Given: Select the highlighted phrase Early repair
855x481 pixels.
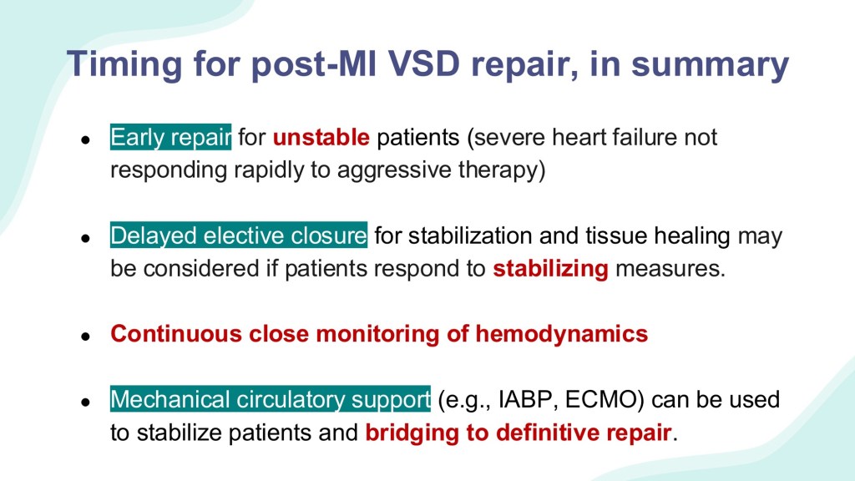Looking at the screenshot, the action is point(170,138).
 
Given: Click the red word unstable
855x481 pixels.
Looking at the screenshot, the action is point(321,137).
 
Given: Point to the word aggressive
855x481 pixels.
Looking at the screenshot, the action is point(394,170).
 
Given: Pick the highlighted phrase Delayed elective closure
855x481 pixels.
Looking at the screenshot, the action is point(239,235).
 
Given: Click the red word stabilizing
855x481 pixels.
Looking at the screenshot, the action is point(551,269).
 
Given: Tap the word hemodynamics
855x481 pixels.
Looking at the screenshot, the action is point(562,334).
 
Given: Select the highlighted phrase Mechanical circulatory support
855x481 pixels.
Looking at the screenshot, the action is point(271,399).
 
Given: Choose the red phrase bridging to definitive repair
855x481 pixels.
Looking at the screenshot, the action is point(519,433).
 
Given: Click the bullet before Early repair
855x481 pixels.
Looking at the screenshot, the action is point(85,140).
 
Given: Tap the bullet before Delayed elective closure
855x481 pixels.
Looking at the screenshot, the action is point(85,238).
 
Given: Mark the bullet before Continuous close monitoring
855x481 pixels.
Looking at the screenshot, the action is point(85,337).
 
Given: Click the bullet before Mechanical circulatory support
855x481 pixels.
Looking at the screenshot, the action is point(85,403).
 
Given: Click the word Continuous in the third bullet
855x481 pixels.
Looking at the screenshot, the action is point(176,334).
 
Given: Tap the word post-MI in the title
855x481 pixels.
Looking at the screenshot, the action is point(314,65).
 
